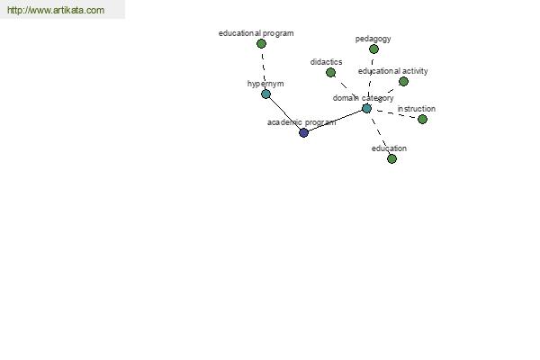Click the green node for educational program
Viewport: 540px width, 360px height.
261,44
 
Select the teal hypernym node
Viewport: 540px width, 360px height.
265,94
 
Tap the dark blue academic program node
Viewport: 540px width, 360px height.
303,132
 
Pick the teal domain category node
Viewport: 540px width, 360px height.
367,109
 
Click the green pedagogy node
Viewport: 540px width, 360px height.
373,49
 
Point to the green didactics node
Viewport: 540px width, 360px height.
330,73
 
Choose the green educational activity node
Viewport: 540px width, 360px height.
403,82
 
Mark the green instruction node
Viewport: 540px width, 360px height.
422,119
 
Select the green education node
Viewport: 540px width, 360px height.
391,158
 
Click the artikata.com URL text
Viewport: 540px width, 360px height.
56,10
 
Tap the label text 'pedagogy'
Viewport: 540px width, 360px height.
373,39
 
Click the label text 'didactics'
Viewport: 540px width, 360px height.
326,62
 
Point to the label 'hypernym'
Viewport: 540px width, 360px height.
265,84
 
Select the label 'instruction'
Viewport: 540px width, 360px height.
417,109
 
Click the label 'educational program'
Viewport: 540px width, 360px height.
256,33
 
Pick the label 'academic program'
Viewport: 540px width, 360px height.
301,122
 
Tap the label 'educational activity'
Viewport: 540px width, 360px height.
393,71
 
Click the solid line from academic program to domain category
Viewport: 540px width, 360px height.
335,121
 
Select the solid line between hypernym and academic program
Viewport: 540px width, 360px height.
284,113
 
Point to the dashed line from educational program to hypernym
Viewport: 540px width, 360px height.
264,69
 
